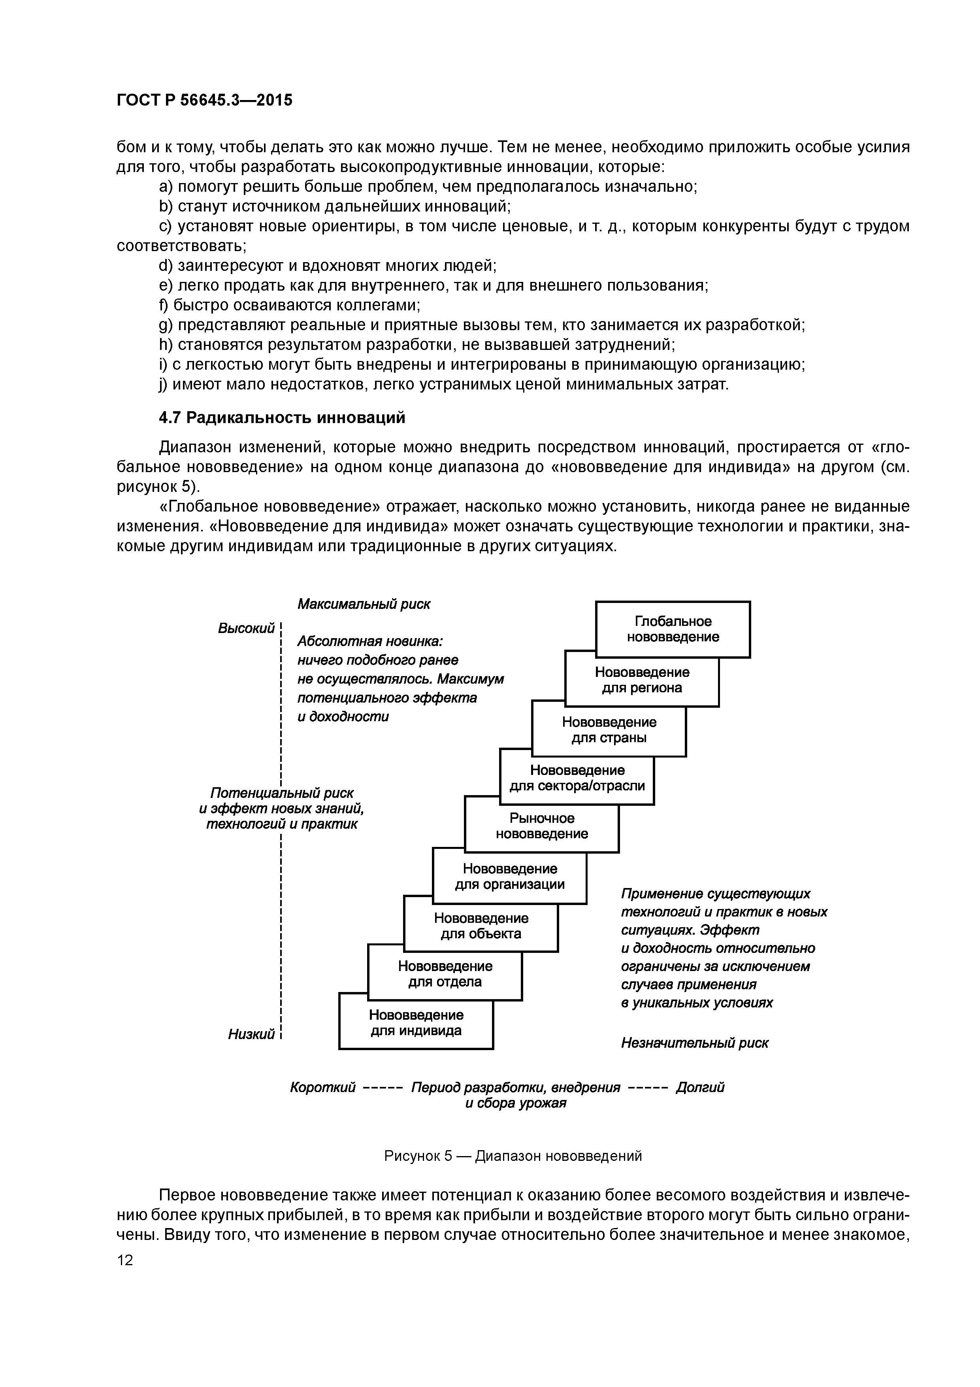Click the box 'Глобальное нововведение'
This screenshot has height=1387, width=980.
673,629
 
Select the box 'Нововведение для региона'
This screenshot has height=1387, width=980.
642,680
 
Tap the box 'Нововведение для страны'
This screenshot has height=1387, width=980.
609,730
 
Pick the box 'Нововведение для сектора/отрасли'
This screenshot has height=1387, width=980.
577,778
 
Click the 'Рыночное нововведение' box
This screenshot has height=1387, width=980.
542,826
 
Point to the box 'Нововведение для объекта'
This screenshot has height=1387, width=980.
481,926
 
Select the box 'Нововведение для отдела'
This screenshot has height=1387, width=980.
445,974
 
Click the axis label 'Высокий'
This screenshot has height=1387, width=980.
246,628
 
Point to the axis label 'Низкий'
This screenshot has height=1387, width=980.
251,1034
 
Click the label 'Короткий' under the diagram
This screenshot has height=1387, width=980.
322,1087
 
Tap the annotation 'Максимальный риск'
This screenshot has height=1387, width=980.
364,604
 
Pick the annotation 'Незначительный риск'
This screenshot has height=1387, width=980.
694,1043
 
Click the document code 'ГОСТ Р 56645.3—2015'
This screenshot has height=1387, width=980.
204,100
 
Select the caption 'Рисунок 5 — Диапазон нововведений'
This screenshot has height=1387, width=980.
513,1156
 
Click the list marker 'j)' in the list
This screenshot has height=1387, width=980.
164,384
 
